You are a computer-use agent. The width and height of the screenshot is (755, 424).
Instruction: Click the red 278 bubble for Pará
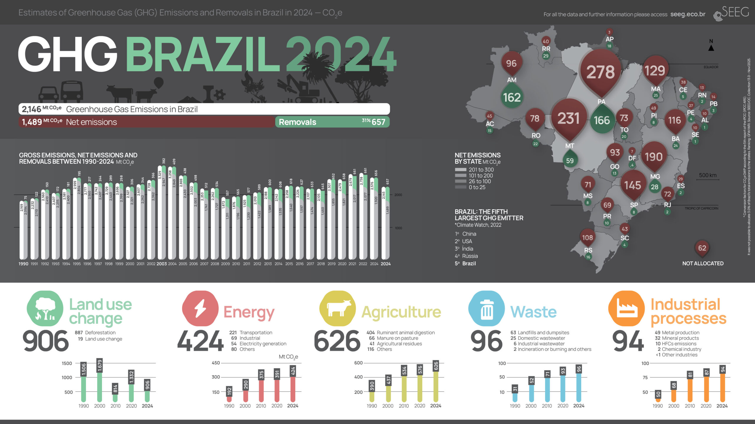[x=600, y=72]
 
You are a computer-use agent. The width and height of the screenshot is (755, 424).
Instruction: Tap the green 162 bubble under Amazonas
[x=512, y=97]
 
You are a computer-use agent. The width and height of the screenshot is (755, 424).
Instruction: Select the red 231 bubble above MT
[x=569, y=118]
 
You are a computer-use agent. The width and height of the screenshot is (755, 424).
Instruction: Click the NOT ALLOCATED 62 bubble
[x=702, y=248]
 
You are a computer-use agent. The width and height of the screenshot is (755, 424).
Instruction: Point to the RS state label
[x=588, y=250]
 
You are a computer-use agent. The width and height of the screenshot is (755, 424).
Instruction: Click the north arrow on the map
[x=711, y=47]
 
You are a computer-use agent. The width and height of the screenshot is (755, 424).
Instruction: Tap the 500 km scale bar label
[x=708, y=175]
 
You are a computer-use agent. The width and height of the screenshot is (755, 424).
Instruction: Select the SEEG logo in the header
[x=731, y=13]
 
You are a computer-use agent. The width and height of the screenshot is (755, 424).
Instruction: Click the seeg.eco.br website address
[x=688, y=14]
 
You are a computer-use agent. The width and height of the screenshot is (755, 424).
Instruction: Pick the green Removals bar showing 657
[x=332, y=122]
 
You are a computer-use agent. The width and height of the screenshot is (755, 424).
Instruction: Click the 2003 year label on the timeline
[x=162, y=264]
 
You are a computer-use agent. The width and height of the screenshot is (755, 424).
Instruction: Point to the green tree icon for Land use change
[x=45, y=309]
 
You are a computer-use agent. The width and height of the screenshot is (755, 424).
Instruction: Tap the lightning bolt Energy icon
[x=200, y=309]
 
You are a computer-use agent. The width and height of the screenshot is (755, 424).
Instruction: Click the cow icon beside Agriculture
[x=338, y=309]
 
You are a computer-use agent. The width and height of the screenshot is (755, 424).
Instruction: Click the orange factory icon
[x=626, y=309]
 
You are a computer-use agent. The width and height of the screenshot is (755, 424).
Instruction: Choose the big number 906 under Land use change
[x=46, y=341]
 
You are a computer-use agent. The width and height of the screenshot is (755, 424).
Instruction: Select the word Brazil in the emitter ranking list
[x=469, y=263]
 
